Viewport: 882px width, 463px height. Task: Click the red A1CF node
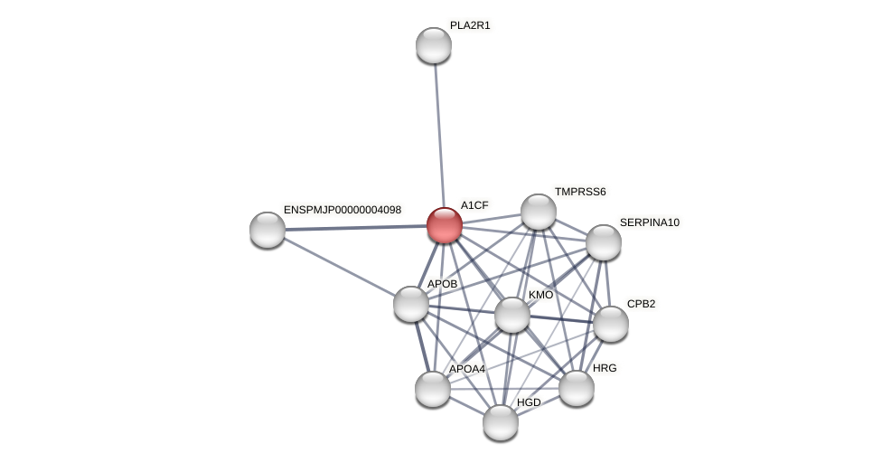click(445, 225)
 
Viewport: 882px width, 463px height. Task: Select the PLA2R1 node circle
click(434, 45)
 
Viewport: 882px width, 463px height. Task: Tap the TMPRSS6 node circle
click(539, 212)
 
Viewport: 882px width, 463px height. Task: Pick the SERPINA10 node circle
click(604, 242)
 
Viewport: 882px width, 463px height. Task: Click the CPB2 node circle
click(611, 324)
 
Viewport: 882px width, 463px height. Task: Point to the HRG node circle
click(577, 388)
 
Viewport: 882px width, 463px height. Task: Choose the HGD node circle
click(501, 421)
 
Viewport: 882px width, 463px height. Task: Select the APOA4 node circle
click(433, 389)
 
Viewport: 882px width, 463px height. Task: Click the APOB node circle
click(411, 304)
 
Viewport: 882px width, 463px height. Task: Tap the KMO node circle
click(512, 315)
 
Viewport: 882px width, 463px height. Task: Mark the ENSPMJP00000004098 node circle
click(267, 230)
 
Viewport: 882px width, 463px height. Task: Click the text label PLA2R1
click(470, 25)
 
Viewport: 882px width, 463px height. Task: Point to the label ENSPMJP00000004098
click(342, 210)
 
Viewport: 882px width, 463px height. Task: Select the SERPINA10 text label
click(649, 222)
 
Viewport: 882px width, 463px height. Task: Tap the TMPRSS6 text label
click(580, 192)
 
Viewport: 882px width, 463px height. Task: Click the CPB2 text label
click(641, 304)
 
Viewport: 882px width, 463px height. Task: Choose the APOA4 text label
click(467, 369)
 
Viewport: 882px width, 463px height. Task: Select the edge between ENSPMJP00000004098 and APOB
click(339, 267)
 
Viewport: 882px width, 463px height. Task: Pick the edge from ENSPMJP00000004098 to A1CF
click(356, 228)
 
